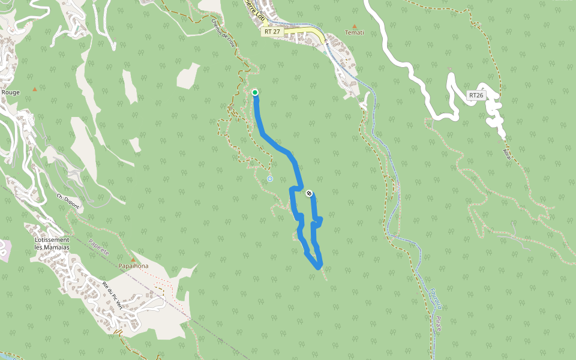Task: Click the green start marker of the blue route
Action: tap(255, 92)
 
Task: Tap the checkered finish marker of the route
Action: tap(309, 193)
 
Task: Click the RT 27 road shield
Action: tap(272, 31)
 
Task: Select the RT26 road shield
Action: tap(476, 95)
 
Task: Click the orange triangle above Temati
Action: tap(355, 26)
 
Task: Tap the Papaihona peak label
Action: tap(133, 266)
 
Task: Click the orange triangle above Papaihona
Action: tap(133, 259)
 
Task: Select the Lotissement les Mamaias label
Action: tap(52, 244)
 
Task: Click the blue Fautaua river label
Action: tap(433, 299)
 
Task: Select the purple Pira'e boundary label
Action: tap(439, 324)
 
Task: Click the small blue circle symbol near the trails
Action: tap(270, 178)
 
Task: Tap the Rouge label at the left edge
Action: tap(10, 92)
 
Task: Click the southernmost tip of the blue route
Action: tap(318, 268)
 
